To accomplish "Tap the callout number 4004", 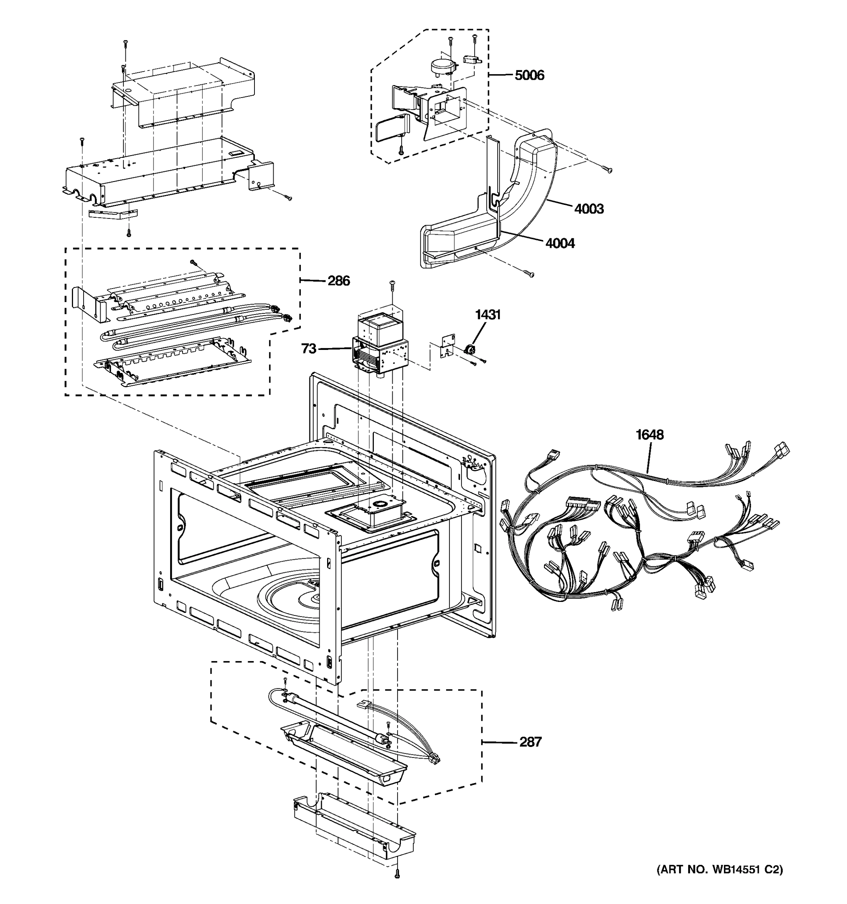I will (x=560, y=243).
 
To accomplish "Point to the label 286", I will (x=338, y=281).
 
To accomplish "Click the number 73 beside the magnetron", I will (x=309, y=349).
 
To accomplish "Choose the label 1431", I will (x=487, y=314).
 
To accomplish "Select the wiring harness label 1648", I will (x=649, y=435).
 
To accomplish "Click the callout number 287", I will (x=530, y=742).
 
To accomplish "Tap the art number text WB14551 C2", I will (x=720, y=870).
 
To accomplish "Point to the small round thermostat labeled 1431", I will (x=469, y=349).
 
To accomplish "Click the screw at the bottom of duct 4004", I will (x=529, y=274).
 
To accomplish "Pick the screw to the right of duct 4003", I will (x=607, y=169).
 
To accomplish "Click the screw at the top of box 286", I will (x=193, y=263).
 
